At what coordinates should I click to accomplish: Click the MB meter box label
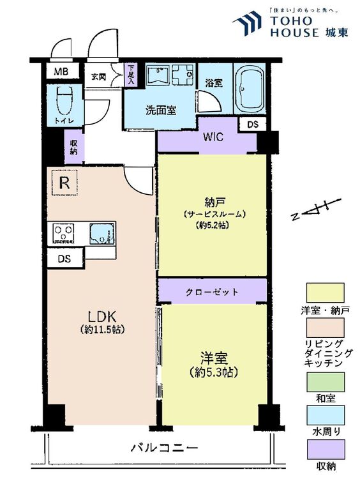tap(61, 72)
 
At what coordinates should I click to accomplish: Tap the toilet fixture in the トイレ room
tap(64, 100)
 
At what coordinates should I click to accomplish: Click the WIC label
tap(213, 137)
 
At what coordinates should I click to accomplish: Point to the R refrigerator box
tap(64, 183)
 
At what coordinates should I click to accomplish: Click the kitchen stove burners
tap(64, 232)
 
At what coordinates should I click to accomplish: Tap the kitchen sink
tap(102, 234)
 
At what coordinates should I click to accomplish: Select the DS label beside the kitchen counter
tap(64, 259)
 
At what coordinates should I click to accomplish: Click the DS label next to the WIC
tap(252, 125)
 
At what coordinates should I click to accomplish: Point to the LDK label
tap(102, 317)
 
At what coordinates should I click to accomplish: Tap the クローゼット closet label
tap(212, 292)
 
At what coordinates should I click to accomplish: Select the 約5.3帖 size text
tap(213, 372)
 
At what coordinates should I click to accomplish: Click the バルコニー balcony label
tap(164, 448)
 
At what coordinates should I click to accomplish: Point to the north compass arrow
tap(316, 209)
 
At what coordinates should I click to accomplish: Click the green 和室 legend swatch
tap(326, 382)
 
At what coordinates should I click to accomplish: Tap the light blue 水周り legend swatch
tap(326, 415)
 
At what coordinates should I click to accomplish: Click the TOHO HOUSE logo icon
tap(247, 23)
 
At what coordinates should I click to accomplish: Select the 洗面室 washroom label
tap(161, 110)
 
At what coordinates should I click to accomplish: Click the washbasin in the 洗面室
tap(158, 75)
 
